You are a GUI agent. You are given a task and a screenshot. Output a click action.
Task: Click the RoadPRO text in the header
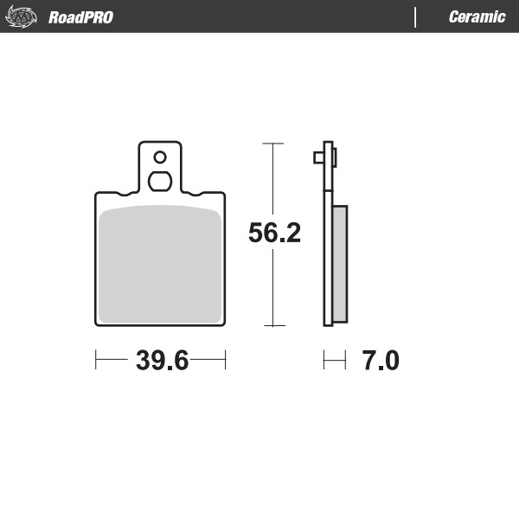click(x=80, y=17)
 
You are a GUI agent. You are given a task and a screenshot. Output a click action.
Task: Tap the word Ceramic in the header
click(x=477, y=17)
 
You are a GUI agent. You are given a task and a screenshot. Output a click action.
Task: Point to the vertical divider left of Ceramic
click(x=416, y=17)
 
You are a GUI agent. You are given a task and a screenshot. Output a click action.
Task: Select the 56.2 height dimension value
click(x=274, y=234)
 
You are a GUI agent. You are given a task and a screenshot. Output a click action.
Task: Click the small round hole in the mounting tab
click(x=159, y=157)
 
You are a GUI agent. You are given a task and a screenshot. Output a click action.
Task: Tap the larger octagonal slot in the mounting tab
click(x=159, y=181)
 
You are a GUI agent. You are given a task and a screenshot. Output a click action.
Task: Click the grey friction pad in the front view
click(x=159, y=264)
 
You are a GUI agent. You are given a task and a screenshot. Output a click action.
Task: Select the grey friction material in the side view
click(x=340, y=264)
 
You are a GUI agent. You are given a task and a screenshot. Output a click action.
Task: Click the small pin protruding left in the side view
click(x=317, y=157)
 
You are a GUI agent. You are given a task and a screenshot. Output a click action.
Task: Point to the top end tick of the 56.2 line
click(x=273, y=143)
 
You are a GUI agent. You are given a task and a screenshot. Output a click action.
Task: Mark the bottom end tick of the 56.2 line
click(x=273, y=326)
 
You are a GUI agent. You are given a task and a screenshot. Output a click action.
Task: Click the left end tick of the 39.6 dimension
click(x=95, y=360)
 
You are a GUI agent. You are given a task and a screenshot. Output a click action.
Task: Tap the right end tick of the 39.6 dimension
click(x=226, y=360)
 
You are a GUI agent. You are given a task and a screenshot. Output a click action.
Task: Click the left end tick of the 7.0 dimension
click(x=324, y=360)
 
